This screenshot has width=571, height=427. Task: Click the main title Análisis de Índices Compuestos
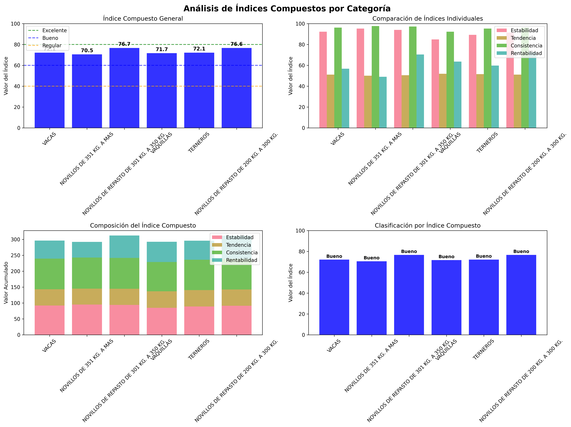(x=287, y=9)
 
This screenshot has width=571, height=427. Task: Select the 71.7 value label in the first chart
(x=162, y=49)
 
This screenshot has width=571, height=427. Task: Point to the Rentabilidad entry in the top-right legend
(x=526, y=53)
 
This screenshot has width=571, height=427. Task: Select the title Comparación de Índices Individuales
(x=427, y=19)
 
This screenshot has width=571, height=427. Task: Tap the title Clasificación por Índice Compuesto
(x=427, y=225)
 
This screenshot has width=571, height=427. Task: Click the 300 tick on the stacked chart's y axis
(x=16, y=239)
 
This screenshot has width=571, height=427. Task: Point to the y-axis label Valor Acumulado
(x=6, y=283)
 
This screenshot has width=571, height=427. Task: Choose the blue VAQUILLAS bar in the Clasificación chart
(x=446, y=297)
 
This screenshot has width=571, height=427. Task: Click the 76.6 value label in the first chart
(x=236, y=44)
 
